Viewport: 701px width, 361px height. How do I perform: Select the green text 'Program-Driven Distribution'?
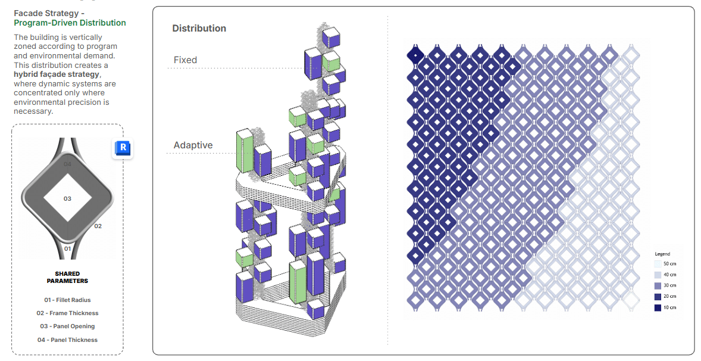pyautogui.click(x=70, y=23)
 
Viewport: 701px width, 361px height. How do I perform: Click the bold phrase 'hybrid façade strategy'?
pyautogui.click(x=57, y=74)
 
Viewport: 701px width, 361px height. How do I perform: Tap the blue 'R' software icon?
pyautogui.click(x=123, y=148)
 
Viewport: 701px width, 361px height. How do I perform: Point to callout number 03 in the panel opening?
pyautogui.click(x=67, y=198)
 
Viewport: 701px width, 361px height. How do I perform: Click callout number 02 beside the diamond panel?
pyautogui.click(x=98, y=226)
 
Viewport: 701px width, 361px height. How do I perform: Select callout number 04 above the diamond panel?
pyautogui.click(x=67, y=164)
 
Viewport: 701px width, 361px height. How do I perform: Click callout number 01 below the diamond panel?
pyautogui.click(x=67, y=248)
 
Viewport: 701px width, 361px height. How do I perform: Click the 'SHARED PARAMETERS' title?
pyautogui.click(x=67, y=278)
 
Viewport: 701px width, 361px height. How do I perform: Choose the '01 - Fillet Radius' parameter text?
pyautogui.click(x=67, y=300)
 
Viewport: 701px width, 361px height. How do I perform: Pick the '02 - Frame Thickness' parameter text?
pyautogui.click(x=67, y=313)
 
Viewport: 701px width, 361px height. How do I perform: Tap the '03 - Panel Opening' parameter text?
pyautogui.click(x=67, y=326)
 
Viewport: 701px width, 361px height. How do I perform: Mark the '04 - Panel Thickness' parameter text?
pyautogui.click(x=67, y=340)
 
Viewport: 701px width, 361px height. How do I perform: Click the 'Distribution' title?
pyautogui.click(x=199, y=29)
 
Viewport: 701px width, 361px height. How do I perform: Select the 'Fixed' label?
pyautogui.click(x=185, y=60)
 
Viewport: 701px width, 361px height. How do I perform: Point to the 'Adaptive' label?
pyautogui.click(x=193, y=145)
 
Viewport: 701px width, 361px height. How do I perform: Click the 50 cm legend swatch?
pyautogui.click(x=657, y=264)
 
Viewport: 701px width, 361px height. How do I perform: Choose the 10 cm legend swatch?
pyautogui.click(x=657, y=307)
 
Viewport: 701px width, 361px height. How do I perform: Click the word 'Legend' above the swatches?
pyautogui.click(x=662, y=254)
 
